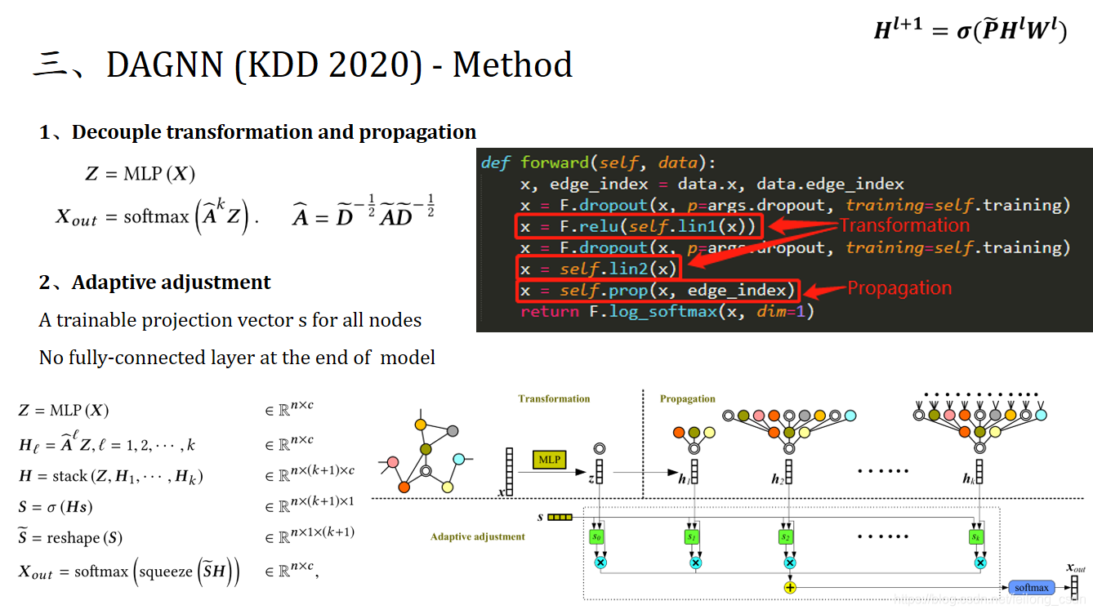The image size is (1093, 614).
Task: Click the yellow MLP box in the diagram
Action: click(x=550, y=460)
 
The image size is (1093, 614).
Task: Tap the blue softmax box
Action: click(x=1031, y=587)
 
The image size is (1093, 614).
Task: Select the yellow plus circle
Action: click(x=790, y=587)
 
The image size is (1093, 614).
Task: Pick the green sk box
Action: click(x=977, y=536)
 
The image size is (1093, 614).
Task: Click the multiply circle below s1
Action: click(x=695, y=563)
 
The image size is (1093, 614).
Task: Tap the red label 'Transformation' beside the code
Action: click(x=904, y=225)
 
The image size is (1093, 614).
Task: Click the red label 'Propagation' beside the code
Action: click(x=899, y=288)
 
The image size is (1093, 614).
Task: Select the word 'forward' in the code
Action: click(x=554, y=162)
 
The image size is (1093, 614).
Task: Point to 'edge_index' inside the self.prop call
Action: click(x=739, y=290)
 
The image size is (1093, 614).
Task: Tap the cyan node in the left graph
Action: click(x=458, y=459)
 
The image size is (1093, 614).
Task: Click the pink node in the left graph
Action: click(x=393, y=462)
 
